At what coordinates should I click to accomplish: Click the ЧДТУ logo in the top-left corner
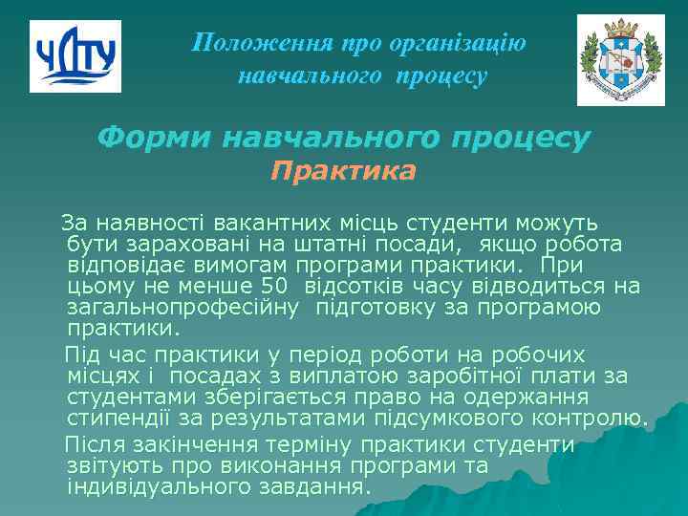coord(75,56)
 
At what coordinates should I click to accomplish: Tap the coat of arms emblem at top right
coord(620,60)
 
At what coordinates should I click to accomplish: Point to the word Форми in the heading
coord(154,139)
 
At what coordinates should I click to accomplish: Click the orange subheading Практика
coord(343,172)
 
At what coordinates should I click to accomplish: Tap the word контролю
coord(588,419)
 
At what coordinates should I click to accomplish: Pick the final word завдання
coord(317,487)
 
